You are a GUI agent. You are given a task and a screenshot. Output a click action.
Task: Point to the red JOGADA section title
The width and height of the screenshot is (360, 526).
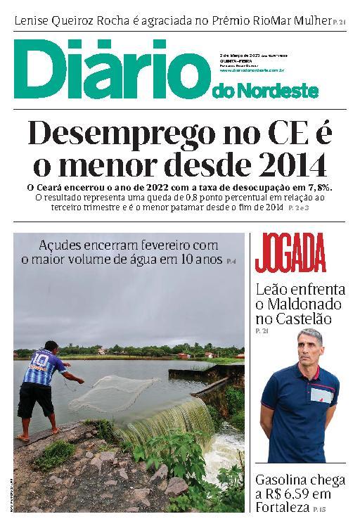(290, 255)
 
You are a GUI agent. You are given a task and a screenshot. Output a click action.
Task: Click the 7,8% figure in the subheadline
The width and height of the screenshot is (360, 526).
(317, 188)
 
